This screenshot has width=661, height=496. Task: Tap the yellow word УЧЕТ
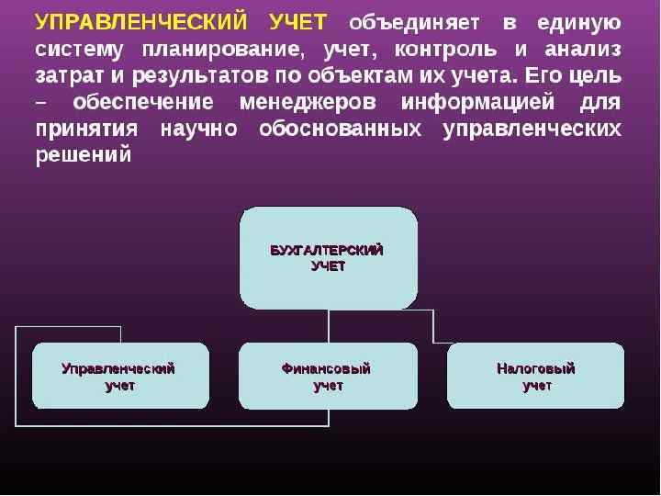tap(300, 22)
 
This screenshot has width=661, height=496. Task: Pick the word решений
tap(84, 155)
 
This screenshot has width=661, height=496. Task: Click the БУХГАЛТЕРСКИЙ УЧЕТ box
tap(328, 258)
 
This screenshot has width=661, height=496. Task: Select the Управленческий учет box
tap(119, 377)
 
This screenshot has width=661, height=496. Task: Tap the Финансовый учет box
tap(328, 377)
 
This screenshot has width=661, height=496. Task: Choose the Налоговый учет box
tap(536, 377)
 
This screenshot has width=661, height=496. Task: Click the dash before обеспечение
tap(42, 103)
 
